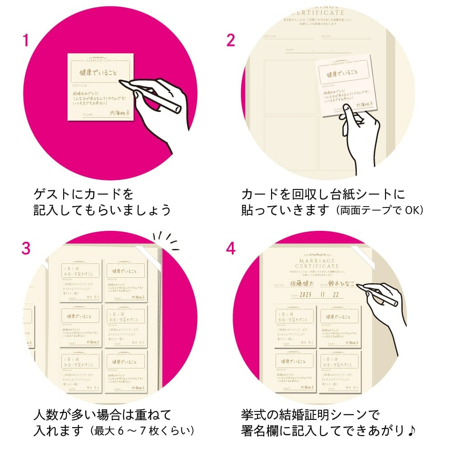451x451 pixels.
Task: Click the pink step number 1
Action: [26, 41]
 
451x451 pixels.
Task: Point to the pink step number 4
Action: [231, 249]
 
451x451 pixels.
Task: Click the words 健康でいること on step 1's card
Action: [99, 72]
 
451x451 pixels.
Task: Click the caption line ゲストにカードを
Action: [84, 194]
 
